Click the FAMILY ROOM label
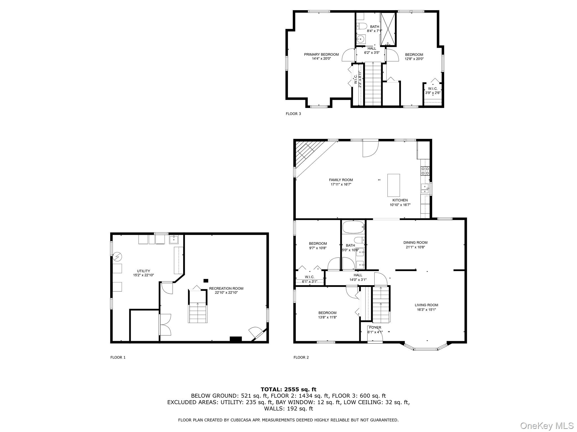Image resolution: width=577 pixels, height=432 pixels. point(341,180)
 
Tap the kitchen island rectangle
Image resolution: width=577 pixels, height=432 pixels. point(394,185)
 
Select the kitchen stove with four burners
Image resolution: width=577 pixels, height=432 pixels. point(425,171)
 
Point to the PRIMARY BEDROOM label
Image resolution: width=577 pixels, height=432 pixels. point(321,55)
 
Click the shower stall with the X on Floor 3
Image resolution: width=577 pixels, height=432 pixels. point(389,29)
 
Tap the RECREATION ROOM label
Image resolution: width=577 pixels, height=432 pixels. point(226,288)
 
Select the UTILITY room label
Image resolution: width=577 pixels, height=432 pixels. point(143,271)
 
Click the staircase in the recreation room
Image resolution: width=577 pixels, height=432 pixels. point(198,312)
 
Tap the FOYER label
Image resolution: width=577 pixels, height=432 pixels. point(375,327)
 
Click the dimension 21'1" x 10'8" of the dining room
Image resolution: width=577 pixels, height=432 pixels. point(415,247)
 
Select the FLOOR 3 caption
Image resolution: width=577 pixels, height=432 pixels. point(293,114)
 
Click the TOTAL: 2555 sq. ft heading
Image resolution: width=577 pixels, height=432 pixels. point(288,389)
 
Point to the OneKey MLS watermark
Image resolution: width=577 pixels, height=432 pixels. point(547,426)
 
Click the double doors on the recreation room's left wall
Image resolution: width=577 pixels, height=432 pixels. point(165,325)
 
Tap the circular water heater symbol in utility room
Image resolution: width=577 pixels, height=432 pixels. point(117,256)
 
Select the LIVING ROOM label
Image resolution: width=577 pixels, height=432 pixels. point(426,305)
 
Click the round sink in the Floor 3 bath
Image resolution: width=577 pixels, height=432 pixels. point(360,39)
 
